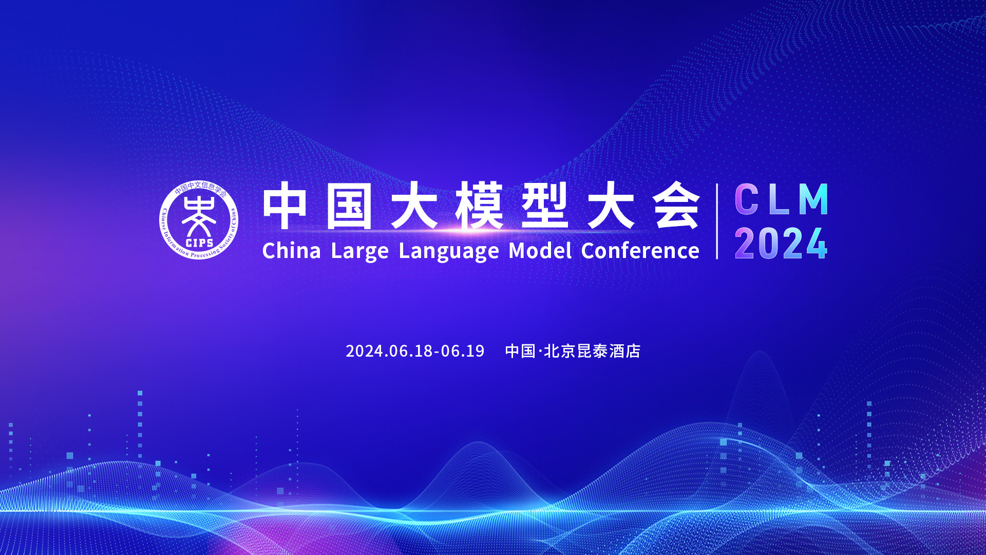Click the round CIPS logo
pos(199,220)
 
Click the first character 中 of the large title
pos(285,206)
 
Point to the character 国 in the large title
pos(349,206)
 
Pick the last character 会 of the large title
pos(677,206)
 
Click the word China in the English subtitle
pos(291,251)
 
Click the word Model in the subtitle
pos(540,251)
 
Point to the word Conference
pos(640,251)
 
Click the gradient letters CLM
pos(781,199)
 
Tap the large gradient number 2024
pos(781,244)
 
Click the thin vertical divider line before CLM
pos(717,221)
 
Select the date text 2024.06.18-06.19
pos(415,351)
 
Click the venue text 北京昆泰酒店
pos(592,351)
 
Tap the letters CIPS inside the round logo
pos(199,243)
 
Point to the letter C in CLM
pos(747,199)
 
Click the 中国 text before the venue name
pos(520,351)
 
